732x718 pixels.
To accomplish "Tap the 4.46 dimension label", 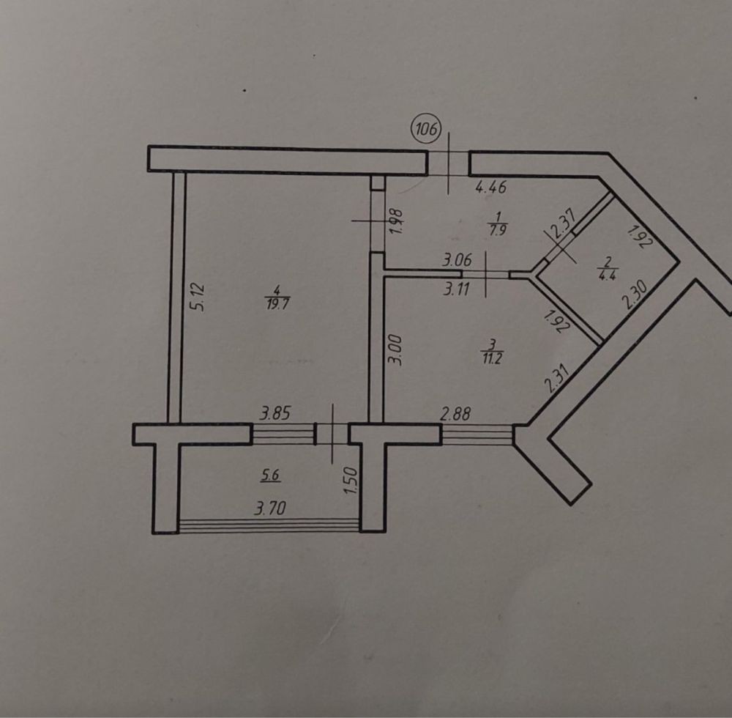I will pos(490,188).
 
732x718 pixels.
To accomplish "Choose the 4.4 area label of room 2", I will pos(606,275).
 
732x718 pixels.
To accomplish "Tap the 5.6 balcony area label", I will pos(271,475).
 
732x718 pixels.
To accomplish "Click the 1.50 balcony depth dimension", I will pos(349,483).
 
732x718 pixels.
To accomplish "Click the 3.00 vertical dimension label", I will pos(395,351).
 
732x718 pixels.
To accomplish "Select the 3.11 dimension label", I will pos(457,289).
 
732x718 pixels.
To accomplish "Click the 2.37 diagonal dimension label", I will pos(561,226).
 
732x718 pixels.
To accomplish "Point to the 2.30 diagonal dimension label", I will pos(634,298).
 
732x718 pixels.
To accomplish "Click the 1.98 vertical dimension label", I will pos(396,222).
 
